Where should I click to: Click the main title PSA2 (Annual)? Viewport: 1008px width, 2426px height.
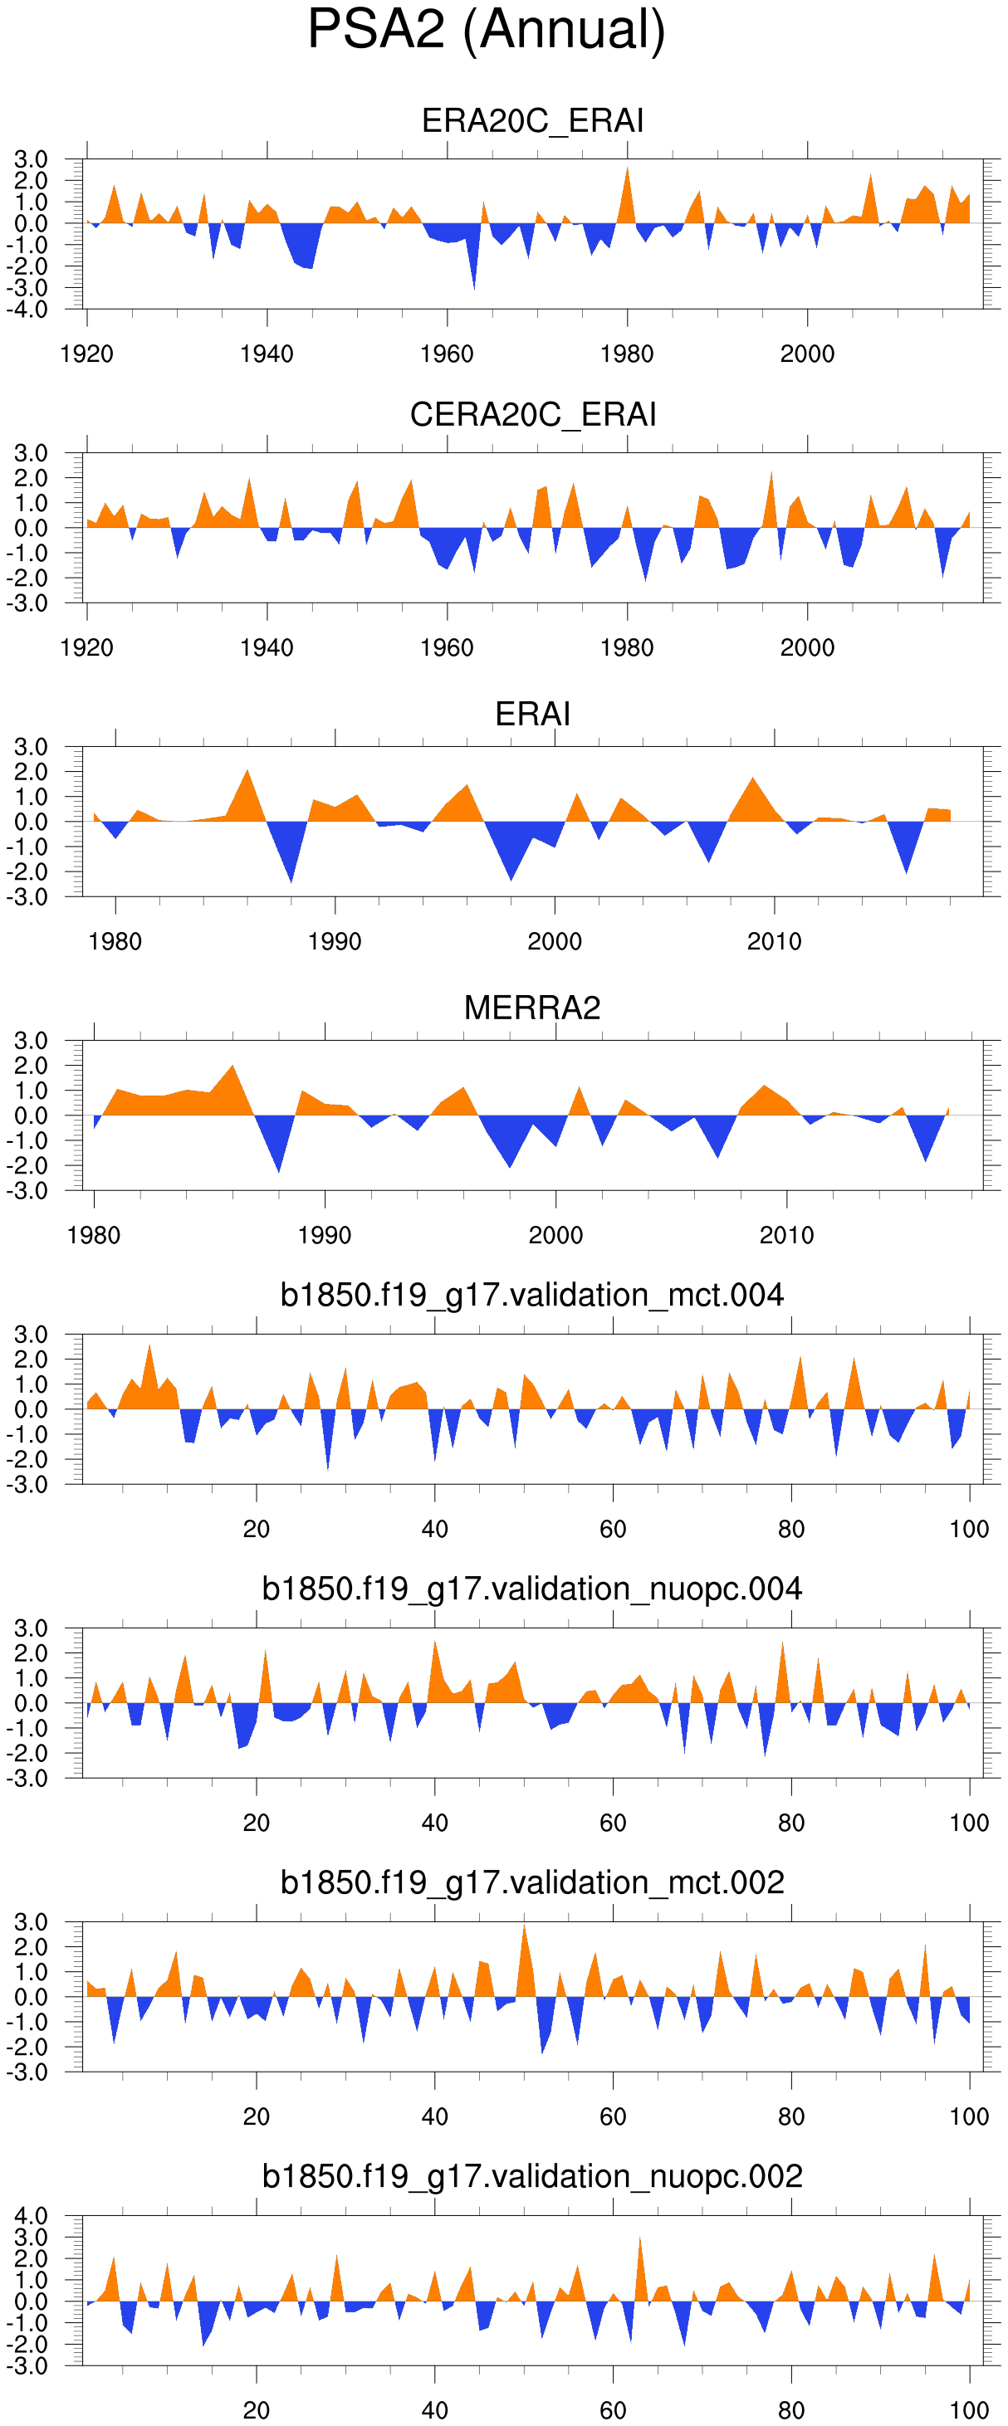[486, 30]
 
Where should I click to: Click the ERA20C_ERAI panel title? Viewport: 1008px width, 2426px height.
[532, 121]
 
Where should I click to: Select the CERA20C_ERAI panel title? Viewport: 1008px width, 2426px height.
[532, 415]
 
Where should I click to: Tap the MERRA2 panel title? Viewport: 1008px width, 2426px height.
[532, 1008]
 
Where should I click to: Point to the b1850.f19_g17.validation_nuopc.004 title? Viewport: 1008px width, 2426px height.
[532, 1589]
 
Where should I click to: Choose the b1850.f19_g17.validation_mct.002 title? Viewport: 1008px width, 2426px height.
[532, 1882]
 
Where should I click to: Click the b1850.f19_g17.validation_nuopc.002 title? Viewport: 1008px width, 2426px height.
[532, 2176]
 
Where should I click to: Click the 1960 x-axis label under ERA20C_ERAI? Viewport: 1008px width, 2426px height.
[447, 354]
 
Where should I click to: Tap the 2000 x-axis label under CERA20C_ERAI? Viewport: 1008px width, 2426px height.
[807, 648]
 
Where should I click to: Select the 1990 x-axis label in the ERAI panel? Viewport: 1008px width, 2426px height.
[335, 942]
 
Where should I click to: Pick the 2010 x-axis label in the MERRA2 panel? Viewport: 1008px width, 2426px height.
[786, 1236]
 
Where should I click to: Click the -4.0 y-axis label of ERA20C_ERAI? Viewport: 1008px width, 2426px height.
[30, 310]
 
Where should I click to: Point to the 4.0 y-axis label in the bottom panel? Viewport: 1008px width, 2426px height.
[30, 2216]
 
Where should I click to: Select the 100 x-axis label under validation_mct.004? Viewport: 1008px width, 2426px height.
[969, 1530]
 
